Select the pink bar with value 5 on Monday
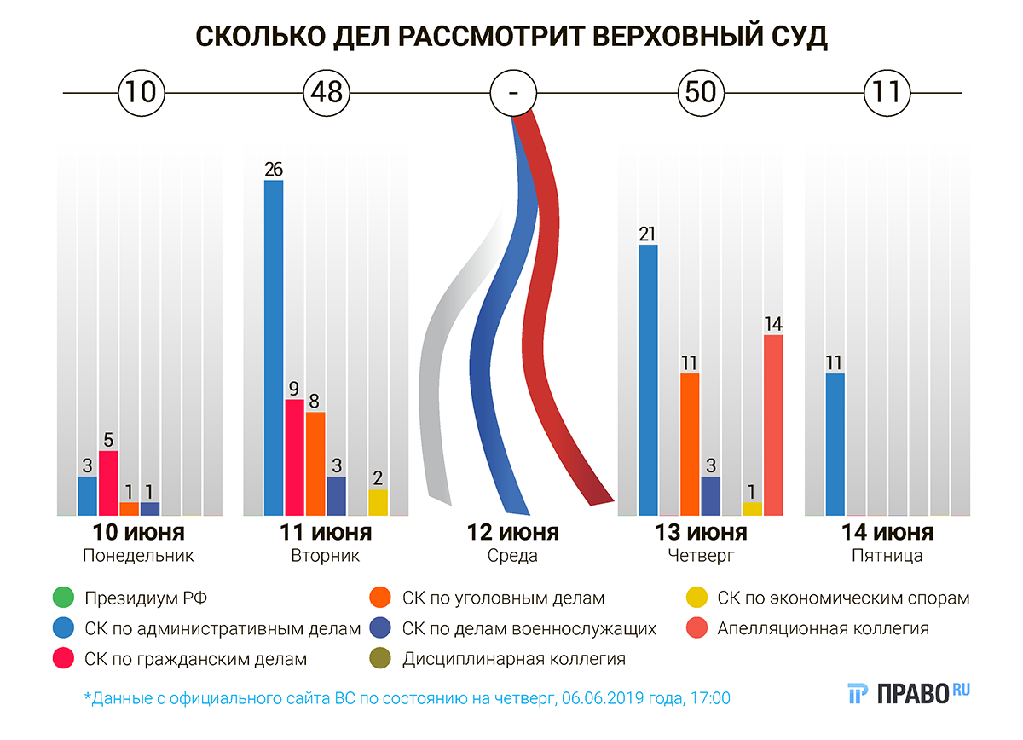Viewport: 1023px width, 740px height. [108, 483]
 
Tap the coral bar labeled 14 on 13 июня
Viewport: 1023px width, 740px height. [773, 425]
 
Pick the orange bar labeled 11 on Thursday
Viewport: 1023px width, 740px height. [690, 444]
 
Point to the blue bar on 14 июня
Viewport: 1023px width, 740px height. [835, 444]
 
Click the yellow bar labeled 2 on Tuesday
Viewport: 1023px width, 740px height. [378, 502]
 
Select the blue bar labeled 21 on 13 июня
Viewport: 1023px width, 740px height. [648, 380]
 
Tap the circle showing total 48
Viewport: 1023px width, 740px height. [327, 91]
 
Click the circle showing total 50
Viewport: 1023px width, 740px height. [700, 91]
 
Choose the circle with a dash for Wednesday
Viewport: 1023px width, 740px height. [513, 91]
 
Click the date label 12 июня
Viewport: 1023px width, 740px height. [513, 534]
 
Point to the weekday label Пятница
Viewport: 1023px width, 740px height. [887, 556]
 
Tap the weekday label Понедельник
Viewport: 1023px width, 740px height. [139, 556]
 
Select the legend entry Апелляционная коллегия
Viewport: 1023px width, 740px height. [823, 629]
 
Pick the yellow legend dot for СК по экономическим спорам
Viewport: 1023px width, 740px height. [696, 598]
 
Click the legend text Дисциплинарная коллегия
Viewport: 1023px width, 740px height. [514, 659]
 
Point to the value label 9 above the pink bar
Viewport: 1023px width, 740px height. [294, 389]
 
